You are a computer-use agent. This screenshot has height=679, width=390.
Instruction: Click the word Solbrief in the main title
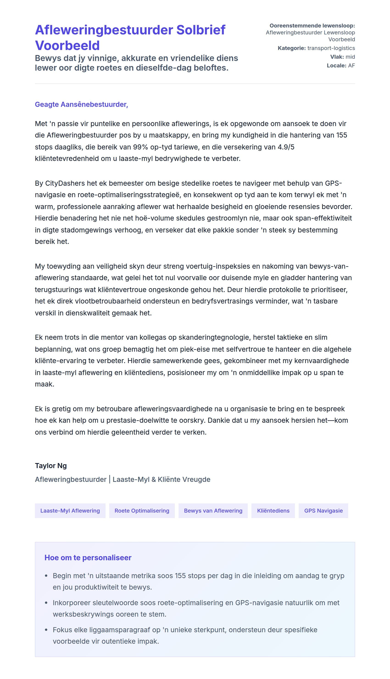click(x=201, y=30)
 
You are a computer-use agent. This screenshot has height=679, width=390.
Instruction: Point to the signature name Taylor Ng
click(x=51, y=465)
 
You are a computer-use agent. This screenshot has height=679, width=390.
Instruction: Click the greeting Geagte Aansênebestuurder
click(x=81, y=104)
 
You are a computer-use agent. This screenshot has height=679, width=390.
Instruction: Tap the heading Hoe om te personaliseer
click(x=88, y=558)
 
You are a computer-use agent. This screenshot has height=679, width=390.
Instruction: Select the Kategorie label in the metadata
click(x=291, y=48)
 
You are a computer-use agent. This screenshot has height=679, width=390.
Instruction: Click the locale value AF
click(x=351, y=66)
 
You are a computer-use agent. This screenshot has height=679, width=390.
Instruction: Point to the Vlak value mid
click(x=350, y=57)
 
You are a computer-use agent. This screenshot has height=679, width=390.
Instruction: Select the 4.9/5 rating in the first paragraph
click(x=286, y=147)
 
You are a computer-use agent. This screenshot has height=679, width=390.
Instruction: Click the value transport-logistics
click(x=331, y=48)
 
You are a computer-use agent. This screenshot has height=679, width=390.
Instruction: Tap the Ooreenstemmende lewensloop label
click(x=312, y=26)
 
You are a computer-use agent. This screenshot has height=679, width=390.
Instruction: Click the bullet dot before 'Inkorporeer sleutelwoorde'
click(x=46, y=603)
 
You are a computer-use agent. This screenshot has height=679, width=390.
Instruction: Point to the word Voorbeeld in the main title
click(x=67, y=45)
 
